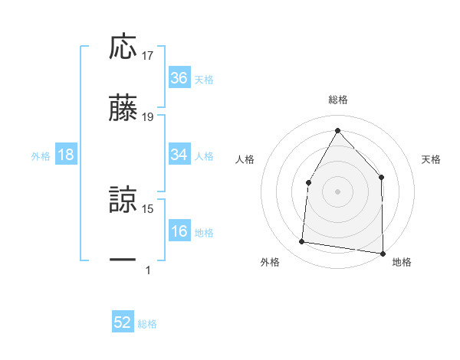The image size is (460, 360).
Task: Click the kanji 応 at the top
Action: coord(123,47)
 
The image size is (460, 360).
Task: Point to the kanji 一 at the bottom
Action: coord(123,261)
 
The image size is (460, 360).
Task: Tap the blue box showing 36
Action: coord(179,78)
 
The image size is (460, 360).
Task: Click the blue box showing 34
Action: coord(179,155)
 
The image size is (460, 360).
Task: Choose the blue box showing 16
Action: coord(179,231)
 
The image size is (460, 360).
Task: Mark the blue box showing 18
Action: coord(66,155)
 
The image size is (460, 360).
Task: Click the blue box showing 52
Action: coord(123,323)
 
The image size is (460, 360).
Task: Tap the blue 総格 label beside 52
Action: coord(147,324)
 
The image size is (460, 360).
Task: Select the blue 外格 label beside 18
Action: coord(41,155)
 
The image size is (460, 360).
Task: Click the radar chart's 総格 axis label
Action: coord(337,100)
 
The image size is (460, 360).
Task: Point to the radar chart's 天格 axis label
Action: coord(432,159)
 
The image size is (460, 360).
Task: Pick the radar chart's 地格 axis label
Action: coord(402,262)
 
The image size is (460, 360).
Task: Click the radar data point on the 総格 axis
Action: coord(337,130)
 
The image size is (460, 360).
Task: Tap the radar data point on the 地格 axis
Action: coord(382,253)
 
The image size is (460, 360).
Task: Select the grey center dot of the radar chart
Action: coord(337,191)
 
